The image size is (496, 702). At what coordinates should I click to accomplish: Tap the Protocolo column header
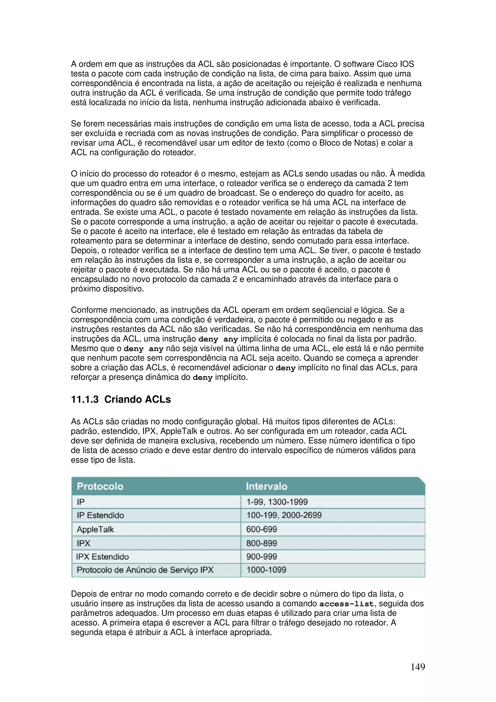click(x=100, y=486)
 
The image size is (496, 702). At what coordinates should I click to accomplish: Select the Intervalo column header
click(x=266, y=486)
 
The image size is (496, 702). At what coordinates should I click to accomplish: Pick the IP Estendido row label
click(x=100, y=515)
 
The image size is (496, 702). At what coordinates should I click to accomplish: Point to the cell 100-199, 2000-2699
click(x=284, y=515)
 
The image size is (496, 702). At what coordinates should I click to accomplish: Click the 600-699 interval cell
click(x=262, y=529)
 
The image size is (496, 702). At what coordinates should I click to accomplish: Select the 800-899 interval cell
click(x=262, y=543)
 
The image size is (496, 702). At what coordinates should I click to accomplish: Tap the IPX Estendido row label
click(x=102, y=557)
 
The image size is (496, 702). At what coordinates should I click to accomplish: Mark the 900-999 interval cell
click(x=262, y=557)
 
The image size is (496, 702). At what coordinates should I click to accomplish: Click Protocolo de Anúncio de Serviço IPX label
click(x=145, y=570)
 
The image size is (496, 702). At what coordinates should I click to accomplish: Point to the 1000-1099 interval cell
click(x=266, y=570)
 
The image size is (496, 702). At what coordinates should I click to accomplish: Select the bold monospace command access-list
click(x=346, y=604)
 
